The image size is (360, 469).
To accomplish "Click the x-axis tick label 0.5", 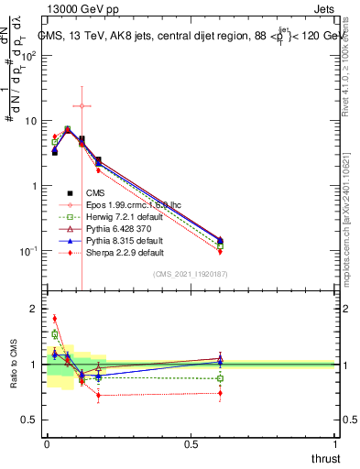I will [x=191, y=443].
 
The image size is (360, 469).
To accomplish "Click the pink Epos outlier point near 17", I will [x=82, y=106].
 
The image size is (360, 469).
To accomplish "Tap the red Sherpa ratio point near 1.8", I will [x=54, y=319].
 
